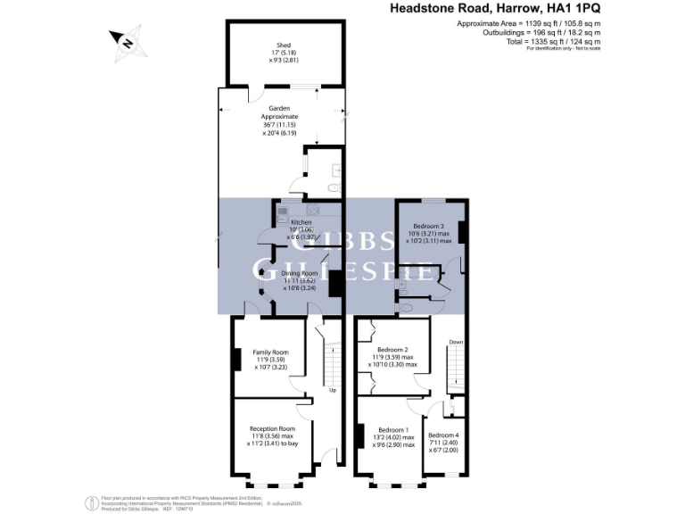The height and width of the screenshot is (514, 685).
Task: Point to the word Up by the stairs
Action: click(x=333, y=390)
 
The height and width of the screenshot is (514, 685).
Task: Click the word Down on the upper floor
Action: click(x=456, y=342)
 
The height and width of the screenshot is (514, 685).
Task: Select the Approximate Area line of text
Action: click(x=528, y=23)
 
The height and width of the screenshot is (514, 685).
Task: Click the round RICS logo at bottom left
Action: click(x=90, y=501)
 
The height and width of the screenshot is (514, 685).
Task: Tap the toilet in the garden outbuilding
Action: click(x=333, y=188)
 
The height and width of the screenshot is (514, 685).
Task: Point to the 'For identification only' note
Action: click(x=563, y=48)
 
